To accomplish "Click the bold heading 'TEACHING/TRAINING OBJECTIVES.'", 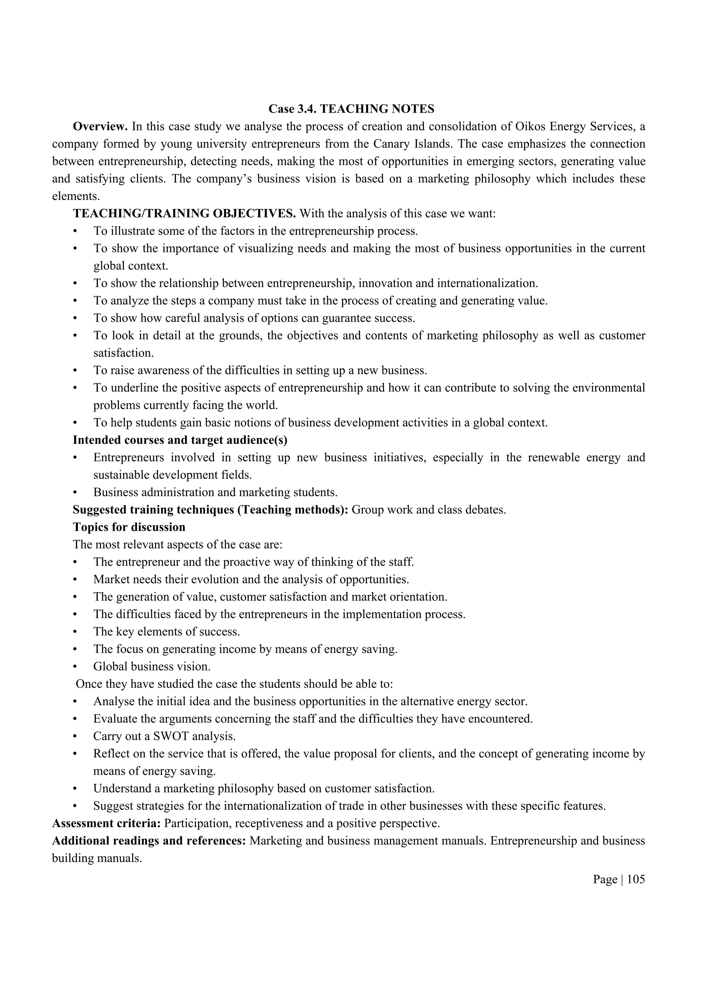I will point(184,214).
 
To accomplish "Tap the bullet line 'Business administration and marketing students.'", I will point(215,492).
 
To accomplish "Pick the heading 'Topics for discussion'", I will point(129,527).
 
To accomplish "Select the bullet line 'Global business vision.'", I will point(151,667).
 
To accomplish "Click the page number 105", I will point(635,879).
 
